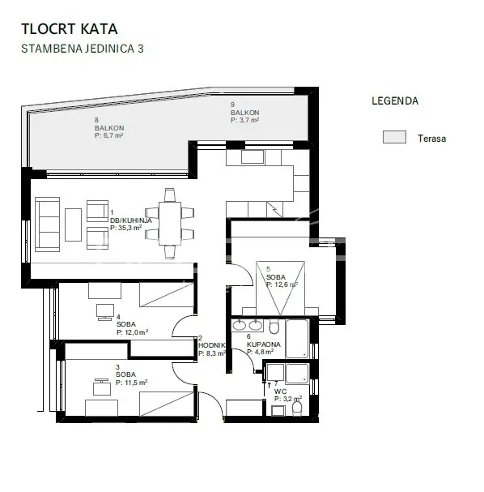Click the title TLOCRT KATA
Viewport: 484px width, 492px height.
[70, 29]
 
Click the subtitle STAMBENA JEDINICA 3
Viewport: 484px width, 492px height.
[83, 49]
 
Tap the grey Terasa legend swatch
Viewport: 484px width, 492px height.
[394, 137]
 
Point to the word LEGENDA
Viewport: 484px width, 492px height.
[395, 101]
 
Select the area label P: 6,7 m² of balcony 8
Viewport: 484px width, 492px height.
[108, 135]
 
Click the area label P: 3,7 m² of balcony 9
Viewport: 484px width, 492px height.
[244, 120]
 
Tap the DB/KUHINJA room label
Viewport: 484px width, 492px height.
[130, 220]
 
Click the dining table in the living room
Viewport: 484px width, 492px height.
[170, 224]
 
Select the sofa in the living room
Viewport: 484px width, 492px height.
[48, 225]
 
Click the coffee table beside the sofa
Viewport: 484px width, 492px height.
[74, 225]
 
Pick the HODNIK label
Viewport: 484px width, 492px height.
[212, 345]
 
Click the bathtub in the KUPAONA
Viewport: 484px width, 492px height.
[297, 339]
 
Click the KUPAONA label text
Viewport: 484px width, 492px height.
[264, 344]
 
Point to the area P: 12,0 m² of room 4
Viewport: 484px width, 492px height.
[132, 332]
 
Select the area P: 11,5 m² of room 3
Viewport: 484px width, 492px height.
[132, 383]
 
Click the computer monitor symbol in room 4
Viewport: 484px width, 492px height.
[105, 312]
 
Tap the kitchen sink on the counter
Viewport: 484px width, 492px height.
[253, 157]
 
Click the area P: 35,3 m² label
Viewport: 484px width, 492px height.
[126, 228]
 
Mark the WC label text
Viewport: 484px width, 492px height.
[280, 391]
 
